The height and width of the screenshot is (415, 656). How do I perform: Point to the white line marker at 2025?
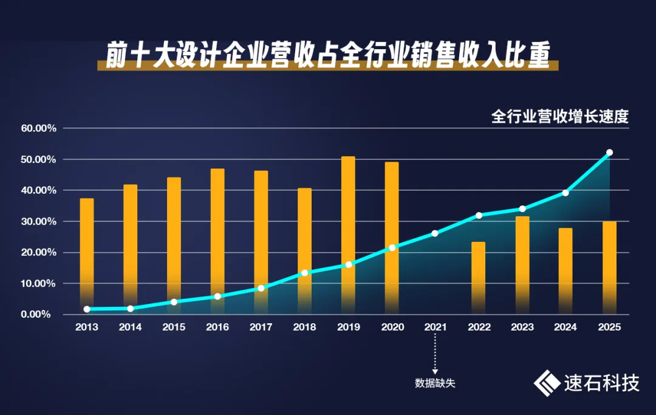(x=610, y=153)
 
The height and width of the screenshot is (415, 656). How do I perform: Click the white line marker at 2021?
(x=435, y=233)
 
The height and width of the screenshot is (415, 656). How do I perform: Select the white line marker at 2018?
(x=304, y=273)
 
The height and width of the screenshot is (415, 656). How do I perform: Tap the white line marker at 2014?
(x=130, y=309)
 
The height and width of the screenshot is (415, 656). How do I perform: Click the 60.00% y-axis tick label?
(x=38, y=128)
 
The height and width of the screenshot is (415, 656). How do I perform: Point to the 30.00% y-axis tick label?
(x=38, y=221)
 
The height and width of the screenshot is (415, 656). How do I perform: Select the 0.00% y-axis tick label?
(x=41, y=314)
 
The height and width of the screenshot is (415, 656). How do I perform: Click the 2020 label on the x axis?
(x=392, y=327)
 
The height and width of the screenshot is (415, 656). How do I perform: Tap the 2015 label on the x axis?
(x=174, y=327)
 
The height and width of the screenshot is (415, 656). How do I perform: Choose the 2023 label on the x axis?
(x=522, y=327)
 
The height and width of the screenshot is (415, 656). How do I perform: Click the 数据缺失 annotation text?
(x=435, y=383)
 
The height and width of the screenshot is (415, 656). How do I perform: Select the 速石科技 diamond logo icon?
(x=547, y=383)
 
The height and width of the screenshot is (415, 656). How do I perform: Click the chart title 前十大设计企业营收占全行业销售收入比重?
(x=327, y=57)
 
